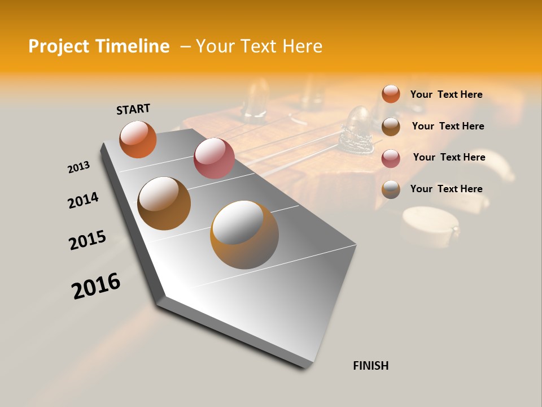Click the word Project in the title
click(x=59, y=46)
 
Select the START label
click(x=133, y=109)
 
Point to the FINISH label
click(x=371, y=366)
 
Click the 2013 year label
click(x=78, y=167)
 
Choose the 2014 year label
click(x=83, y=200)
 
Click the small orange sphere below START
click(x=138, y=139)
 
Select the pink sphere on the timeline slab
click(x=214, y=158)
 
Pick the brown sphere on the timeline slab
click(x=164, y=203)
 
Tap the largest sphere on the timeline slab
click(x=244, y=235)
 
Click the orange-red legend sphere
click(x=391, y=94)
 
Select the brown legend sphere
click(x=391, y=127)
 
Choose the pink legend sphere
click(x=391, y=158)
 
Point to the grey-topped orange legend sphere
click(x=391, y=189)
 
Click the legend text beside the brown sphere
click(x=448, y=126)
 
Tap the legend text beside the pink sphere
click(x=449, y=157)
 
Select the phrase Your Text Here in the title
click(x=259, y=46)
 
